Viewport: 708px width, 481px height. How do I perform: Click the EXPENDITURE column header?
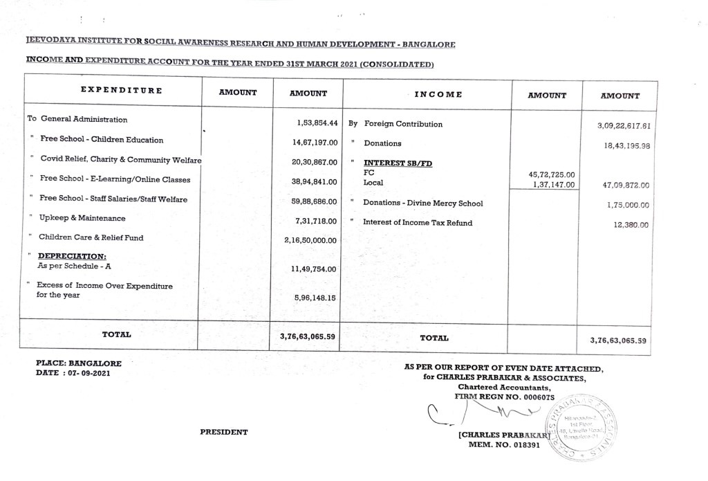(x=121, y=90)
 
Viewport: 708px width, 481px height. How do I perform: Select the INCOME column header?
(x=438, y=94)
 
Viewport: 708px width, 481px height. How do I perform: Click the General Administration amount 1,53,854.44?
(x=316, y=122)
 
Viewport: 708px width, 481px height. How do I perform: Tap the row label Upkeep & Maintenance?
(x=82, y=219)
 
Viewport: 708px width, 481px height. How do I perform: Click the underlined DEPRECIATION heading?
(x=72, y=256)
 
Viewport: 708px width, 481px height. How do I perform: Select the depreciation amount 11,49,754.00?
(x=314, y=269)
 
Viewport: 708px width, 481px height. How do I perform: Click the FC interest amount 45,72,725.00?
(x=551, y=175)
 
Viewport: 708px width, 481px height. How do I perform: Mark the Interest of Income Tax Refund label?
(x=418, y=223)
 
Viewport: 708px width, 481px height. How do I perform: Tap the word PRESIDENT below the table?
(x=223, y=432)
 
